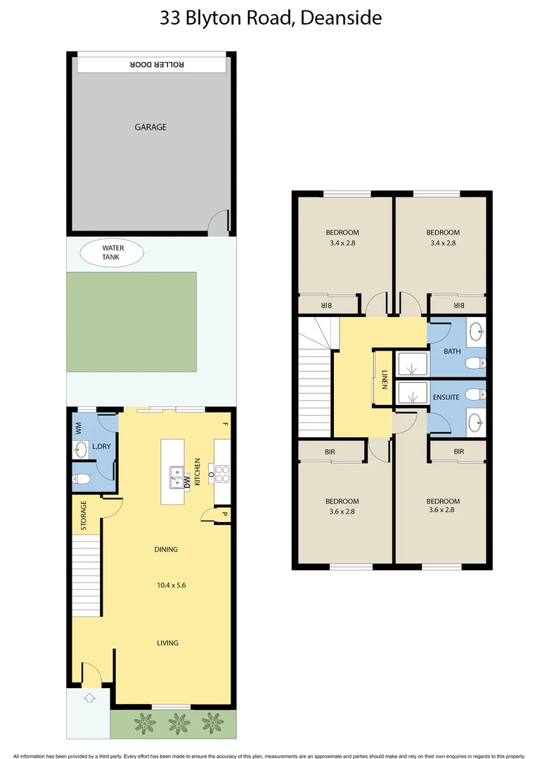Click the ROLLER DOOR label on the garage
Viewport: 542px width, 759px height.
(x=157, y=64)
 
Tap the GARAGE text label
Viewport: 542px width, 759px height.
(x=150, y=127)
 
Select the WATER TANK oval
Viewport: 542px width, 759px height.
(x=112, y=252)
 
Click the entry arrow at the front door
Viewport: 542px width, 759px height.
(x=89, y=698)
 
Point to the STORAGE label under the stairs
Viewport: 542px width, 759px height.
(x=83, y=516)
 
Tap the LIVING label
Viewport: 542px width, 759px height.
(x=167, y=643)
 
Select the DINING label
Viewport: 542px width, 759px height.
(x=167, y=550)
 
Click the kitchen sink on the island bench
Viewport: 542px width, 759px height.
(x=175, y=477)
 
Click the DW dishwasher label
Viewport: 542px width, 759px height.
(x=187, y=482)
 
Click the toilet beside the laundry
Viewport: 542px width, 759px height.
(x=81, y=480)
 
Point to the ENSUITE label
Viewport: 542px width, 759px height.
(x=446, y=397)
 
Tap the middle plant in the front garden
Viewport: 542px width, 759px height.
(x=179, y=722)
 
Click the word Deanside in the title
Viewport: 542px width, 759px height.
(x=341, y=18)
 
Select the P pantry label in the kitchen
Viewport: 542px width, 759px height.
(x=224, y=514)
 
